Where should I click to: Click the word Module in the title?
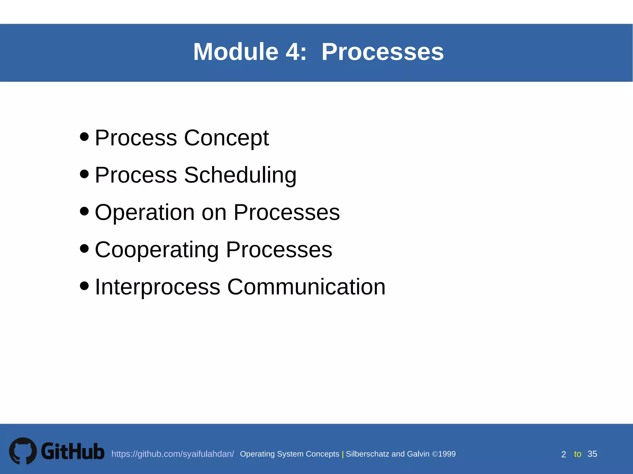pyautogui.click(x=236, y=52)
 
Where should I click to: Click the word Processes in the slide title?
pyautogui.click(x=382, y=52)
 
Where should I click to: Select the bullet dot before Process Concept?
pyautogui.click(x=84, y=136)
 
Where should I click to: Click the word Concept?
pyautogui.click(x=226, y=138)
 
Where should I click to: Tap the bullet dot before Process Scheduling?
pyautogui.click(x=84, y=174)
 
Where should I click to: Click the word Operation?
pyautogui.click(x=145, y=213)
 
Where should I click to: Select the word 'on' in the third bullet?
pyautogui.click(x=214, y=213)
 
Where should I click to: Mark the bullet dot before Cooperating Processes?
pyautogui.click(x=84, y=248)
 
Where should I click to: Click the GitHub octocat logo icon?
pyautogui.click(x=23, y=451)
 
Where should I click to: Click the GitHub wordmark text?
pyautogui.click(x=73, y=451)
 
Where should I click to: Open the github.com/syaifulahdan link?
pyautogui.click(x=172, y=454)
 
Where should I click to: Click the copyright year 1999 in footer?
pyautogui.click(x=447, y=454)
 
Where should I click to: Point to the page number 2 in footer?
pyautogui.click(x=563, y=454)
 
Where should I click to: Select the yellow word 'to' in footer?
pyautogui.click(x=577, y=454)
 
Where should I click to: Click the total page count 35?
pyautogui.click(x=592, y=454)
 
